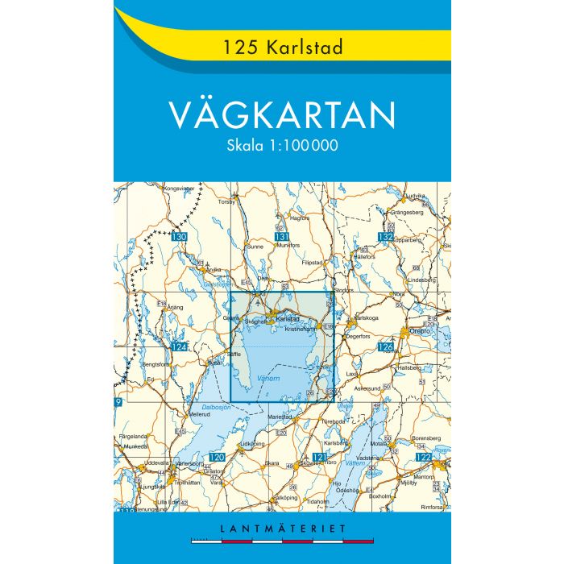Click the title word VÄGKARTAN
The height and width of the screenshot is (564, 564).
(x=282, y=115)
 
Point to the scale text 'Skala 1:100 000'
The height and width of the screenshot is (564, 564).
(x=282, y=147)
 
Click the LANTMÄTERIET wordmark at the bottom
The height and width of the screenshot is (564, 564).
(x=281, y=528)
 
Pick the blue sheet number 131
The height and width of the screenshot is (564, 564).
(x=281, y=237)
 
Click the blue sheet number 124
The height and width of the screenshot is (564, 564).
(x=180, y=347)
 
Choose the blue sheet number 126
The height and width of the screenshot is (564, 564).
(x=385, y=347)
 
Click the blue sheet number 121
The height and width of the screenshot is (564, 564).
(x=320, y=457)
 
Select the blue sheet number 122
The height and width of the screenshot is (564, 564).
(x=424, y=457)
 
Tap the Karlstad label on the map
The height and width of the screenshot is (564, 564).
(x=287, y=320)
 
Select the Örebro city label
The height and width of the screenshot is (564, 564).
(x=419, y=330)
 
